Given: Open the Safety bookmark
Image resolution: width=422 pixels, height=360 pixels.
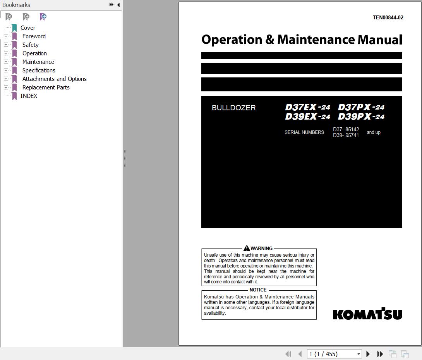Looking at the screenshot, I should [x=30, y=45].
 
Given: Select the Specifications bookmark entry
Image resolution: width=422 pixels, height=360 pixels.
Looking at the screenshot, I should [x=39, y=70].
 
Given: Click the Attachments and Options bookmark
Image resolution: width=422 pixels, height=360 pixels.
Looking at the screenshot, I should [x=54, y=79].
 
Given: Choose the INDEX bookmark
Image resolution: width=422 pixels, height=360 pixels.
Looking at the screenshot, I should [x=29, y=96].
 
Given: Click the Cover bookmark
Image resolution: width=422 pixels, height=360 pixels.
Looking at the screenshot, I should [x=27, y=28].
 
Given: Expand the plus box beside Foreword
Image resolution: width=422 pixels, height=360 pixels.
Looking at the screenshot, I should [x=6, y=36].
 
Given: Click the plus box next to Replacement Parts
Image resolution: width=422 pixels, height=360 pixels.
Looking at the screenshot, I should [x=6, y=87].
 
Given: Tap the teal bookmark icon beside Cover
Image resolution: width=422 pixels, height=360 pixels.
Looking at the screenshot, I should [x=14, y=28].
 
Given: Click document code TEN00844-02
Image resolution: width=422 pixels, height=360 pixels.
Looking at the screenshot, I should [x=388, y=17].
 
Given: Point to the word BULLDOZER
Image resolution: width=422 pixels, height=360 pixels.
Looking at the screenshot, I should [x=233, y=108].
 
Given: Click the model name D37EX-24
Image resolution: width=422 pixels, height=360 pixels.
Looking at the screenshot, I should [x=307, y=107].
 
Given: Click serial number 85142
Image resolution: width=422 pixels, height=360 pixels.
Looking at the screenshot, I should [x=352, y=130].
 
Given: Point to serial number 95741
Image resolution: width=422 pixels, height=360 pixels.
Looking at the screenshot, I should [x=352, y=135].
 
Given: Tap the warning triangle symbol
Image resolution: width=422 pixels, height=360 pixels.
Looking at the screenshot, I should [x=247, y=248].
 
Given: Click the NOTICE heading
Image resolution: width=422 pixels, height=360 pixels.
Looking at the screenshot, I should [x=258, y=290].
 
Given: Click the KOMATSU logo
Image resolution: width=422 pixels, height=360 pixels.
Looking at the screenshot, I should [x=367, y=314].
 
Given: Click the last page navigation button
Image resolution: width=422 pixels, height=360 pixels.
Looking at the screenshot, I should [x=380, y=354].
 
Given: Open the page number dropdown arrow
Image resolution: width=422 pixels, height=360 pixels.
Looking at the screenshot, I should [x=359, y=354].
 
